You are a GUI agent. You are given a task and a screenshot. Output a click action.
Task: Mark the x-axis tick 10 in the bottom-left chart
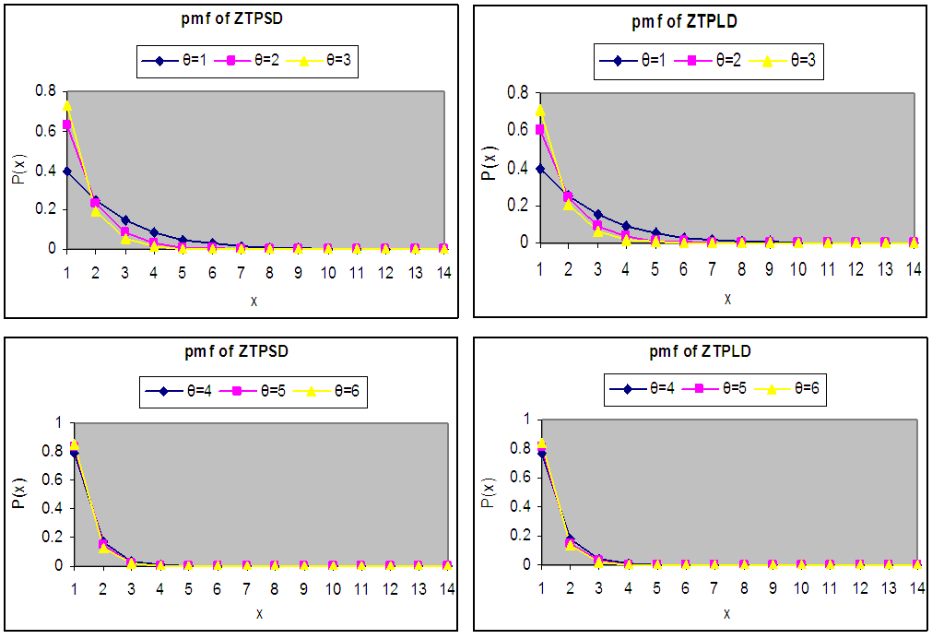click(332, 588)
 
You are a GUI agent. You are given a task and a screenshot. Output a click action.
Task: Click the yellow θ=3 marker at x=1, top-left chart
click(66, 105)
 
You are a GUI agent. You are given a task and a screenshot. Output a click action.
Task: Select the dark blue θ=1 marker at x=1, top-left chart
click(66, 171)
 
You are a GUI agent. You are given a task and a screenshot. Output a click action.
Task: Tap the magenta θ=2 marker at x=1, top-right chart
click(539, 130)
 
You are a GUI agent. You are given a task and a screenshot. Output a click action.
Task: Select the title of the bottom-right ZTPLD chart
click(702, 351)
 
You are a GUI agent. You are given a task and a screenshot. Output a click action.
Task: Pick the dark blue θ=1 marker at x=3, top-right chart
click(598, 214)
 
